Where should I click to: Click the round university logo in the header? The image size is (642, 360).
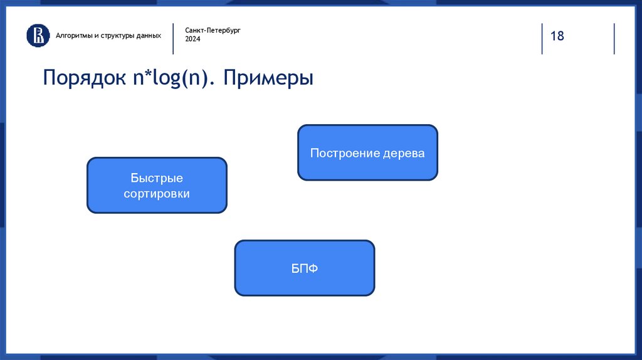point(38,35)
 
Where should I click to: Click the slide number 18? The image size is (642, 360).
point(557,36)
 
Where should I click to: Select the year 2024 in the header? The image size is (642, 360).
point(192,39)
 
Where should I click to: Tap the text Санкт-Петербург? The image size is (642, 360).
point(213,30)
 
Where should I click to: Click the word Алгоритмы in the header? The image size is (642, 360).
point(74,36)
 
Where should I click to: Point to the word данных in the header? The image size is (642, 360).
point(149,36)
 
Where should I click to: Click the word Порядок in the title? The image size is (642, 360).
point(85,77)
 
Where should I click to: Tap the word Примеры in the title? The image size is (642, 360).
point(268,77)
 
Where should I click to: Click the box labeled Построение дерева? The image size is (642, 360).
point(367,152)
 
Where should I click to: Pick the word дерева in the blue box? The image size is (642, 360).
point(404,153)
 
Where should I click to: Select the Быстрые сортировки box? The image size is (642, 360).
point(157,185)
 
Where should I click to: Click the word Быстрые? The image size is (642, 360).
point(157,178)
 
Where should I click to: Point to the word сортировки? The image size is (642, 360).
point(157,193)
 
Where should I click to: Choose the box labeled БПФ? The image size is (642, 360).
point(305,268)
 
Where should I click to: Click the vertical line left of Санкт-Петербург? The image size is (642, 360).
point(173,38)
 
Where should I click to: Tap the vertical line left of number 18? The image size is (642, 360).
point(542,38)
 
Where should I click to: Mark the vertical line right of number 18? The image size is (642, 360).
point(614,38)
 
